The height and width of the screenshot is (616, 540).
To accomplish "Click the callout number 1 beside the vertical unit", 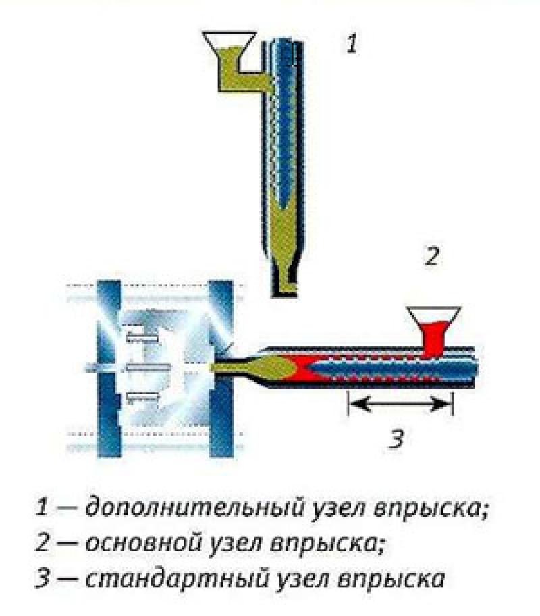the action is pyautogui.click(x=352, y=44).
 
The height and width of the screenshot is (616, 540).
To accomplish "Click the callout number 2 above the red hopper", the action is pyautogui.click(x=432, y=256).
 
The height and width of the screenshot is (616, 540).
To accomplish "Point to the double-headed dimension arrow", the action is pyautogui.click(x=400, y=403).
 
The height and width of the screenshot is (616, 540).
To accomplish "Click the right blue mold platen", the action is pyautogui.click(x=221, y=369).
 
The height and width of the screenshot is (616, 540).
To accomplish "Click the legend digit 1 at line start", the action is pyautogui.click(x=42, y=507).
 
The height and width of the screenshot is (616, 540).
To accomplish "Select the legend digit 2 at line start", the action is pyautogui.click(x=43, y=543).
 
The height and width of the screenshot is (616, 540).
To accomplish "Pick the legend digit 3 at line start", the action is pyautogui.click(x=43, y=579).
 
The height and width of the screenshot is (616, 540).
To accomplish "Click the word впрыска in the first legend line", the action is pyautogui.click(x=431, y=509).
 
